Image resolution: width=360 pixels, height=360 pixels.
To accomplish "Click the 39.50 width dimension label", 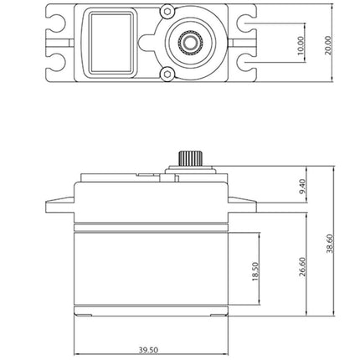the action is (x=148, y=350).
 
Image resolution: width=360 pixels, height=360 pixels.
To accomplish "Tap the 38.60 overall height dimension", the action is (x=330, y=244).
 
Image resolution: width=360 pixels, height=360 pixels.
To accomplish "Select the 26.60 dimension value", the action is (x=303, y=267).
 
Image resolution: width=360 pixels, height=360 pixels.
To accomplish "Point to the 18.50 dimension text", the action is (x=255, y=271).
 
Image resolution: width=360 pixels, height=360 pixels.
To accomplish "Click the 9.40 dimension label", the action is (x=302, y=187).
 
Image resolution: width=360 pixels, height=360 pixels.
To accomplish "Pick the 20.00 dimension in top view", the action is (x=328, y=45).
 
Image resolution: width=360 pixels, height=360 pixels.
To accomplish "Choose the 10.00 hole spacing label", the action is (x=300, y=45).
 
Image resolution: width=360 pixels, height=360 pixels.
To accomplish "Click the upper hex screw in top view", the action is (x=167, y=12).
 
